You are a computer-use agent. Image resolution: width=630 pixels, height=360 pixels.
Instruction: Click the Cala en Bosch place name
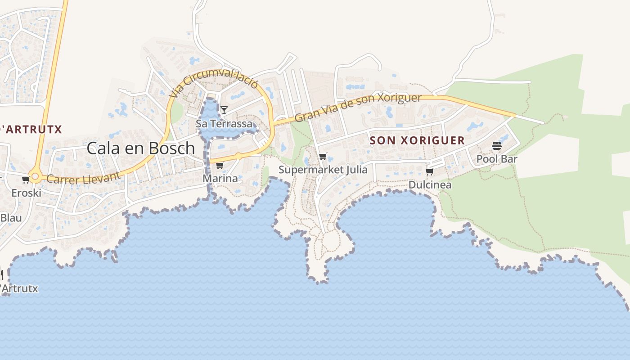[x=140, y=148]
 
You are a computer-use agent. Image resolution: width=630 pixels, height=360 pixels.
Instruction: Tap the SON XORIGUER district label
[x=417, y=140]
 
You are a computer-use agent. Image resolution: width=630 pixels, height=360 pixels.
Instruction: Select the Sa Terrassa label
[x=224, y=123]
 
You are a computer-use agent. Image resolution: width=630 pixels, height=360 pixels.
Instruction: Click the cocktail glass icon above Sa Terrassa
[x=224, y=110]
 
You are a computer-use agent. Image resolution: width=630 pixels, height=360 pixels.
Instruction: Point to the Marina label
[x=220, y=178]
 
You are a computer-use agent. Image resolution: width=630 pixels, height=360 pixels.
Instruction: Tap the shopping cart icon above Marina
[x=220, y=166]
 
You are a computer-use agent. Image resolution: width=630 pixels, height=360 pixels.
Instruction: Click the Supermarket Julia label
[x=323, y=170]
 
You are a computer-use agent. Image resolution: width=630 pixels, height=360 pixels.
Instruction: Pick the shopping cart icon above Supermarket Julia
[x=323, y=157]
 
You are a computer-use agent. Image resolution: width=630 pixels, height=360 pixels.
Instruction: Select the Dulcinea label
[x=430, y=184]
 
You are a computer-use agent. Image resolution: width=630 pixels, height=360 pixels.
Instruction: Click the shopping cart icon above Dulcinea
[x=429, y=171]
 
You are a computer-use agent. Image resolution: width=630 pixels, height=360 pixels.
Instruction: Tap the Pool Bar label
[x=497, y=159]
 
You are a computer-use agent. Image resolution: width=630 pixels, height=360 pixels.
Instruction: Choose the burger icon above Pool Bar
[x=497, y=146]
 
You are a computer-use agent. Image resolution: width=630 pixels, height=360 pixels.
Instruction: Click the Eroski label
[x=26, y=193]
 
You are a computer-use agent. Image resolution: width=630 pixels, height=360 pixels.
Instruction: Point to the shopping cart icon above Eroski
[x=26, y=180]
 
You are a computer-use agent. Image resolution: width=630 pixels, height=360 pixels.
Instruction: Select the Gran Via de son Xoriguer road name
[x=358, y=107]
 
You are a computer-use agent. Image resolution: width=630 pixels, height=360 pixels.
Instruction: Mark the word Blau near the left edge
[x=11, y=218]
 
